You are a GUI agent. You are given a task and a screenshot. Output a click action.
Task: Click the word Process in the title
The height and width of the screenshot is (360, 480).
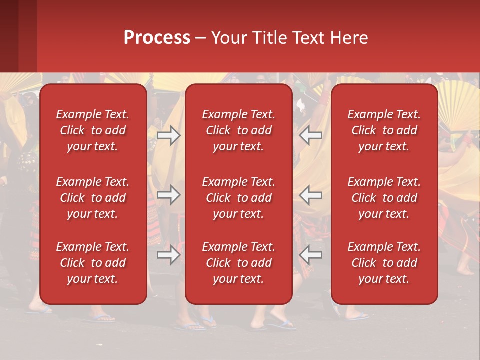[157, 38]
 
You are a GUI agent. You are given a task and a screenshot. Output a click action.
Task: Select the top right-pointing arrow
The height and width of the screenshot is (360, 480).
[169, 135]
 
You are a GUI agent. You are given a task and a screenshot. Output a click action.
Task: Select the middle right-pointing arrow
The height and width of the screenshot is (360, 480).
[169, 195]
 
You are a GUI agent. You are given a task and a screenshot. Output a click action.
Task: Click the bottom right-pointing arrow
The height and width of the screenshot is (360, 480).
[169, 255]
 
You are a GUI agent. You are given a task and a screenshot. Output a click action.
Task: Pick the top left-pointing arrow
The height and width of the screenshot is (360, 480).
[310, 135]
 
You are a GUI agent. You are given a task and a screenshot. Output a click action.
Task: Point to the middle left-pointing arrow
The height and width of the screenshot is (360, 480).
[310, 195]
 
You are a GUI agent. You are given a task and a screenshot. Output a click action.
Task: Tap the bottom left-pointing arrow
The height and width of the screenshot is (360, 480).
[310, 255]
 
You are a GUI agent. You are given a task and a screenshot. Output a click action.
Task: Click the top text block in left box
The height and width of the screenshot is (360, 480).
[93, 130]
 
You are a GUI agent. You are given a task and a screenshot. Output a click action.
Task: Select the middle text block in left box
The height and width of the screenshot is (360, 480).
[93, 198]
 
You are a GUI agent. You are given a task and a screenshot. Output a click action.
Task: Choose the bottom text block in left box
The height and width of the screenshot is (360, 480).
[93, 263]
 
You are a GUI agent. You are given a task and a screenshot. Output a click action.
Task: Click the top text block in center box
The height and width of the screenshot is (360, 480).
[238, 130]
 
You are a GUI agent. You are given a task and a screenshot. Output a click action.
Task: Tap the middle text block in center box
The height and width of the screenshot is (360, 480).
[238, 198]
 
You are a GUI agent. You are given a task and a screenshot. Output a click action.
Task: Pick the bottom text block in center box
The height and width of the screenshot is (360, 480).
[238, 263]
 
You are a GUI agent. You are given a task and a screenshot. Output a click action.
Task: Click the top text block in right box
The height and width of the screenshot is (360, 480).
[384, 130]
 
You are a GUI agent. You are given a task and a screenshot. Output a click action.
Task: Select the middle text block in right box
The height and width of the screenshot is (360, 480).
[384, 198]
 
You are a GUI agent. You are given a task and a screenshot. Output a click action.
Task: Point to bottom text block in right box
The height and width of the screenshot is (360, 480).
[384, 263]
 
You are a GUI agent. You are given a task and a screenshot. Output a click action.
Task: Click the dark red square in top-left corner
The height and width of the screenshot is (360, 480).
[18, 36]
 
